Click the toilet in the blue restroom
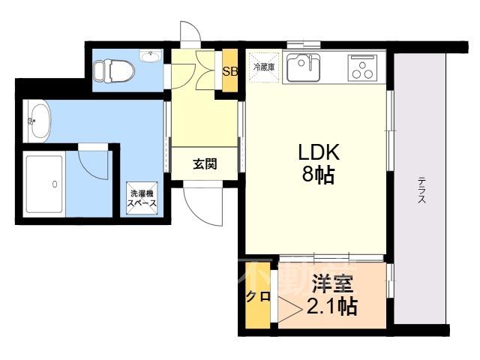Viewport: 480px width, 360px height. point(114,71)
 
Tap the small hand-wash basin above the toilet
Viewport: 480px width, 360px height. point(150,56)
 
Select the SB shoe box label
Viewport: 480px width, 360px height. point(230,71)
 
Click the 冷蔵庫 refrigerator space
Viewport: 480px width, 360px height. point(263,67)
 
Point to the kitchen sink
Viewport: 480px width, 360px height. point(303,67)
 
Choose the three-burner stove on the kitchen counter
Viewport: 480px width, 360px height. point(362,68)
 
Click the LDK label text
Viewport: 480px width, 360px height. point(319,152)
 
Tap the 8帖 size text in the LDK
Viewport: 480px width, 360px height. point(318,175)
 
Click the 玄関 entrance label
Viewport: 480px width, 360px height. point(205,164)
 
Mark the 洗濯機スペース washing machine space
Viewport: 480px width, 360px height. point(142,198)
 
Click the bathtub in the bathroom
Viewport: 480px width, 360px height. point(45,184)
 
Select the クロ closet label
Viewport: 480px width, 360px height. point(258,296)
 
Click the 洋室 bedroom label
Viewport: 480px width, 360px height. point(332,284)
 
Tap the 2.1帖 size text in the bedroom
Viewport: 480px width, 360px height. point(332,307)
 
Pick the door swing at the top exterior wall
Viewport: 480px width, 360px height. point(190,34)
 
